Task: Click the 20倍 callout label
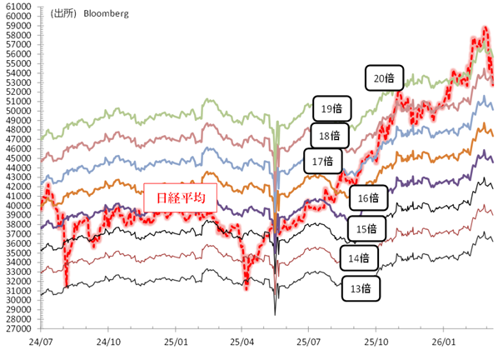coord(384,79)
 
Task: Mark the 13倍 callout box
coord(361,288)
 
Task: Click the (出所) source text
coord(61,14)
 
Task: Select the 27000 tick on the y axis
coord(18,329)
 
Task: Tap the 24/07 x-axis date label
coord(40,342)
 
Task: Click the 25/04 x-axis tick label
coord(242,342)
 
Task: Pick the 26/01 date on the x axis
coord(443,342)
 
